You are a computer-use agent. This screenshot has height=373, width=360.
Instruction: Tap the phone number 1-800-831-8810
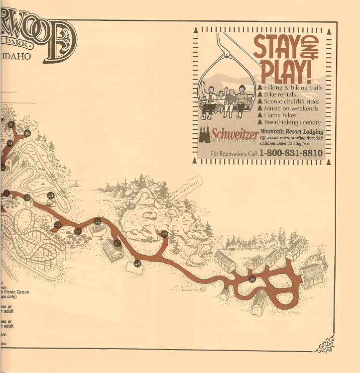pyautogui.click(x=291, y=153)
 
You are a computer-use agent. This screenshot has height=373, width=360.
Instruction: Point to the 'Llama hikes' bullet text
pyautogui.click(x=281, y=115)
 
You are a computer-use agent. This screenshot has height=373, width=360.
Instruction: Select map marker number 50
pyautogui.click(x=252, y=279)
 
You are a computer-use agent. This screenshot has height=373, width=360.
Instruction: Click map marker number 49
pyautogui.click(x=164, y=234)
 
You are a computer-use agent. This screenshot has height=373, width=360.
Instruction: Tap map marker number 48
pyautogui.click(x=137, y=264)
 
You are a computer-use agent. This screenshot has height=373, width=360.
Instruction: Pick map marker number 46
pyautogui.click(x=98, y=221)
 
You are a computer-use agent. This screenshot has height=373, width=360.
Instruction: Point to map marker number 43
pyautogui.click(x=51, y=195)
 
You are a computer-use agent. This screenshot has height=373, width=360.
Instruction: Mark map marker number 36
pyautogui.click(x=27, y=133)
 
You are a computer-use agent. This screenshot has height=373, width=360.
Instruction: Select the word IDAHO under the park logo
pyautogui.click(x=16, y=57)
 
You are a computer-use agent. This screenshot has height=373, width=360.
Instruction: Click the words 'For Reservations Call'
pyautogui.click(x=234, y=154)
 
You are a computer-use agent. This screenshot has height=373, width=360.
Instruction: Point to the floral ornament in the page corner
pyautogui.click(x=326, y=344)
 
